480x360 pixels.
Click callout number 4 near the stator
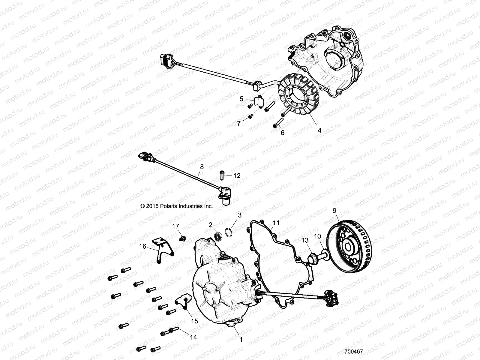(x=319, y=130)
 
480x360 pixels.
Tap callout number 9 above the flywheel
(x=334, y=211)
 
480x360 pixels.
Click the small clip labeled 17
(x=181, y=239)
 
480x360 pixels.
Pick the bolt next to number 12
(x=221, y=175)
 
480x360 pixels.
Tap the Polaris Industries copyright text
(x=177, y=206)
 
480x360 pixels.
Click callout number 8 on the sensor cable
(x=202, y=166)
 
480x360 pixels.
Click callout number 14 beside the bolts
(x=193, y=337)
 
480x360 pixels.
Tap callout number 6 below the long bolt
(x=282, y=133)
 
